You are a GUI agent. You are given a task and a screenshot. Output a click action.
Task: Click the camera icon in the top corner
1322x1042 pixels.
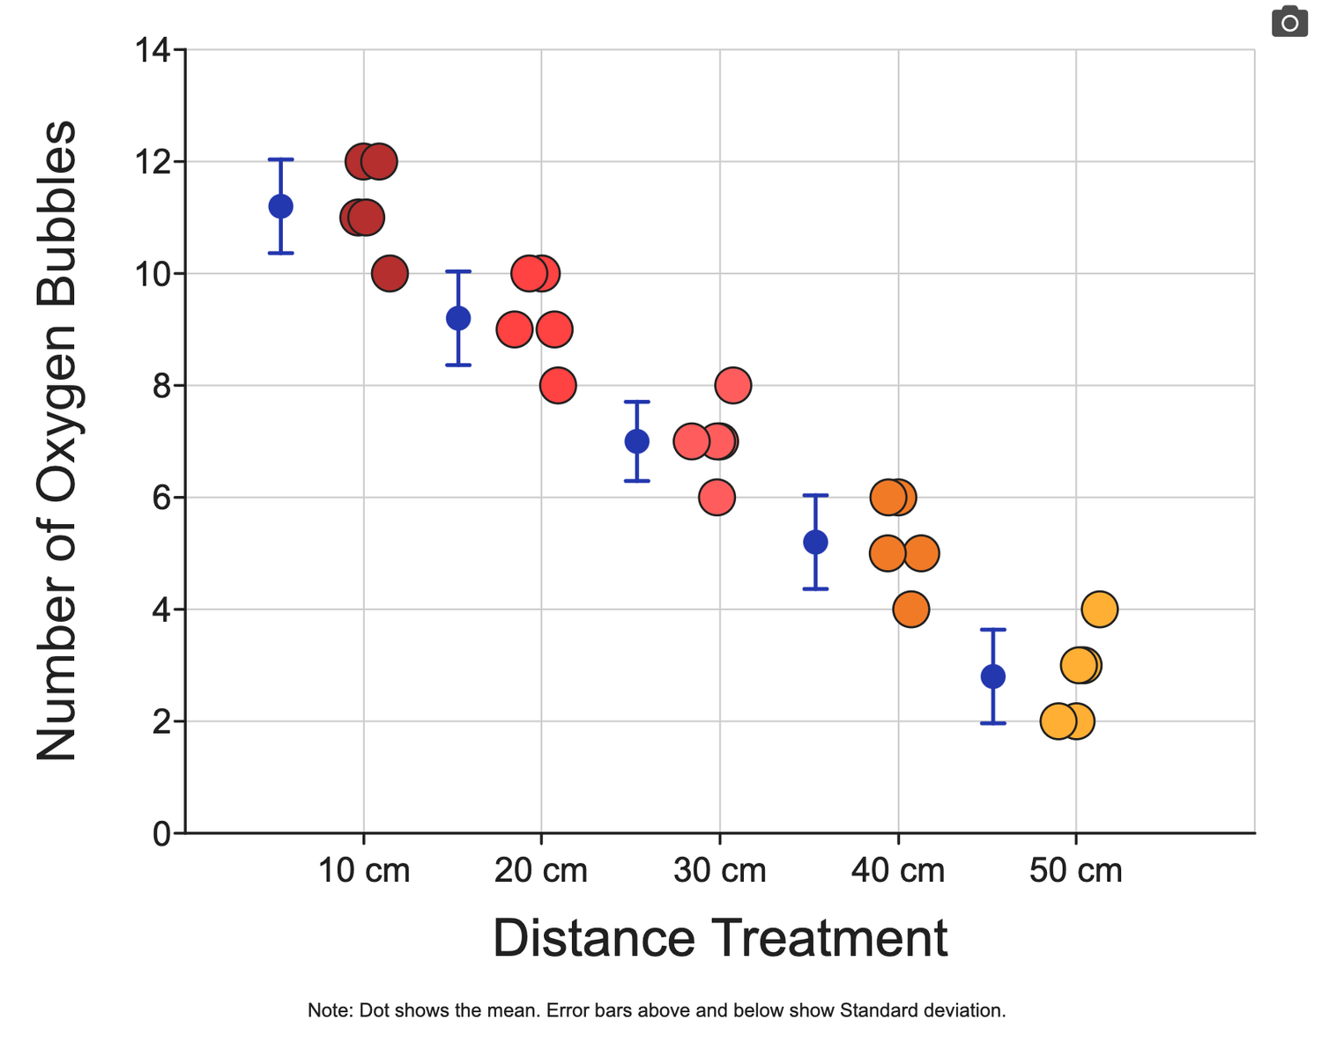(x=1289, y=21)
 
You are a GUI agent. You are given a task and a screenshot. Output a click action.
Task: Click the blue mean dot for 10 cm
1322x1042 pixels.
(x=281, y=206)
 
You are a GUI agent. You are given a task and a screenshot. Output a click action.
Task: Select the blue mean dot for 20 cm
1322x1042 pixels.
(x=458, y=318)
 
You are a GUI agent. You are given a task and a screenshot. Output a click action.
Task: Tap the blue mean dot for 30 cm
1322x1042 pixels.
(x=637, y=441)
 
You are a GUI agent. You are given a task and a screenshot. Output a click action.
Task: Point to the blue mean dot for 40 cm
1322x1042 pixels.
(x=815, y=543)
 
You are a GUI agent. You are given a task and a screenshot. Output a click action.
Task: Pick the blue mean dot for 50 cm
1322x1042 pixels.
(x=992, y=676)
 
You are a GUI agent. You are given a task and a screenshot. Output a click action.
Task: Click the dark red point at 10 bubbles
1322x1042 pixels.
(x=390, y=273)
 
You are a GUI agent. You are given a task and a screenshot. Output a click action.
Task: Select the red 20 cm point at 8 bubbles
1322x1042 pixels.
(x=558, y=386)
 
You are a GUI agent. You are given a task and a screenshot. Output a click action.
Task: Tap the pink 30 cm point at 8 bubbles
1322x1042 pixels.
(x=733, y=386)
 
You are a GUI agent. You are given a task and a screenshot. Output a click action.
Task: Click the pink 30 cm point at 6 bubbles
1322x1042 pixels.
(x=717, y=498)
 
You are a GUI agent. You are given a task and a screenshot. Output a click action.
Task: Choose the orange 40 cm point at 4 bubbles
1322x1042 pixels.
(x=911, y=610)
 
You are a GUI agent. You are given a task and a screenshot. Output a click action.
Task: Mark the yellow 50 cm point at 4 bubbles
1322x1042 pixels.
(x=1100, y=610)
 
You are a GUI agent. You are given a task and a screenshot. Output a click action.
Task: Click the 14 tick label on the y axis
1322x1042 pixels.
(x=152, y=49)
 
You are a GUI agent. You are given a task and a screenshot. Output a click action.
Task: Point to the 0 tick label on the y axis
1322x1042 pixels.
(x=161, y=834)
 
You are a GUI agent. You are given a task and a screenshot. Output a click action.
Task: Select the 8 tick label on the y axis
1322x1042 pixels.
(x=161, y=386)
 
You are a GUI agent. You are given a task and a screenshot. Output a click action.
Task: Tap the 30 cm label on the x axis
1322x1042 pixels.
(x=719, y=871)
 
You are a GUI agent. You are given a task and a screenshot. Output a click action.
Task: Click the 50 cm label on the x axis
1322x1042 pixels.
(x=1075, y=871)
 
